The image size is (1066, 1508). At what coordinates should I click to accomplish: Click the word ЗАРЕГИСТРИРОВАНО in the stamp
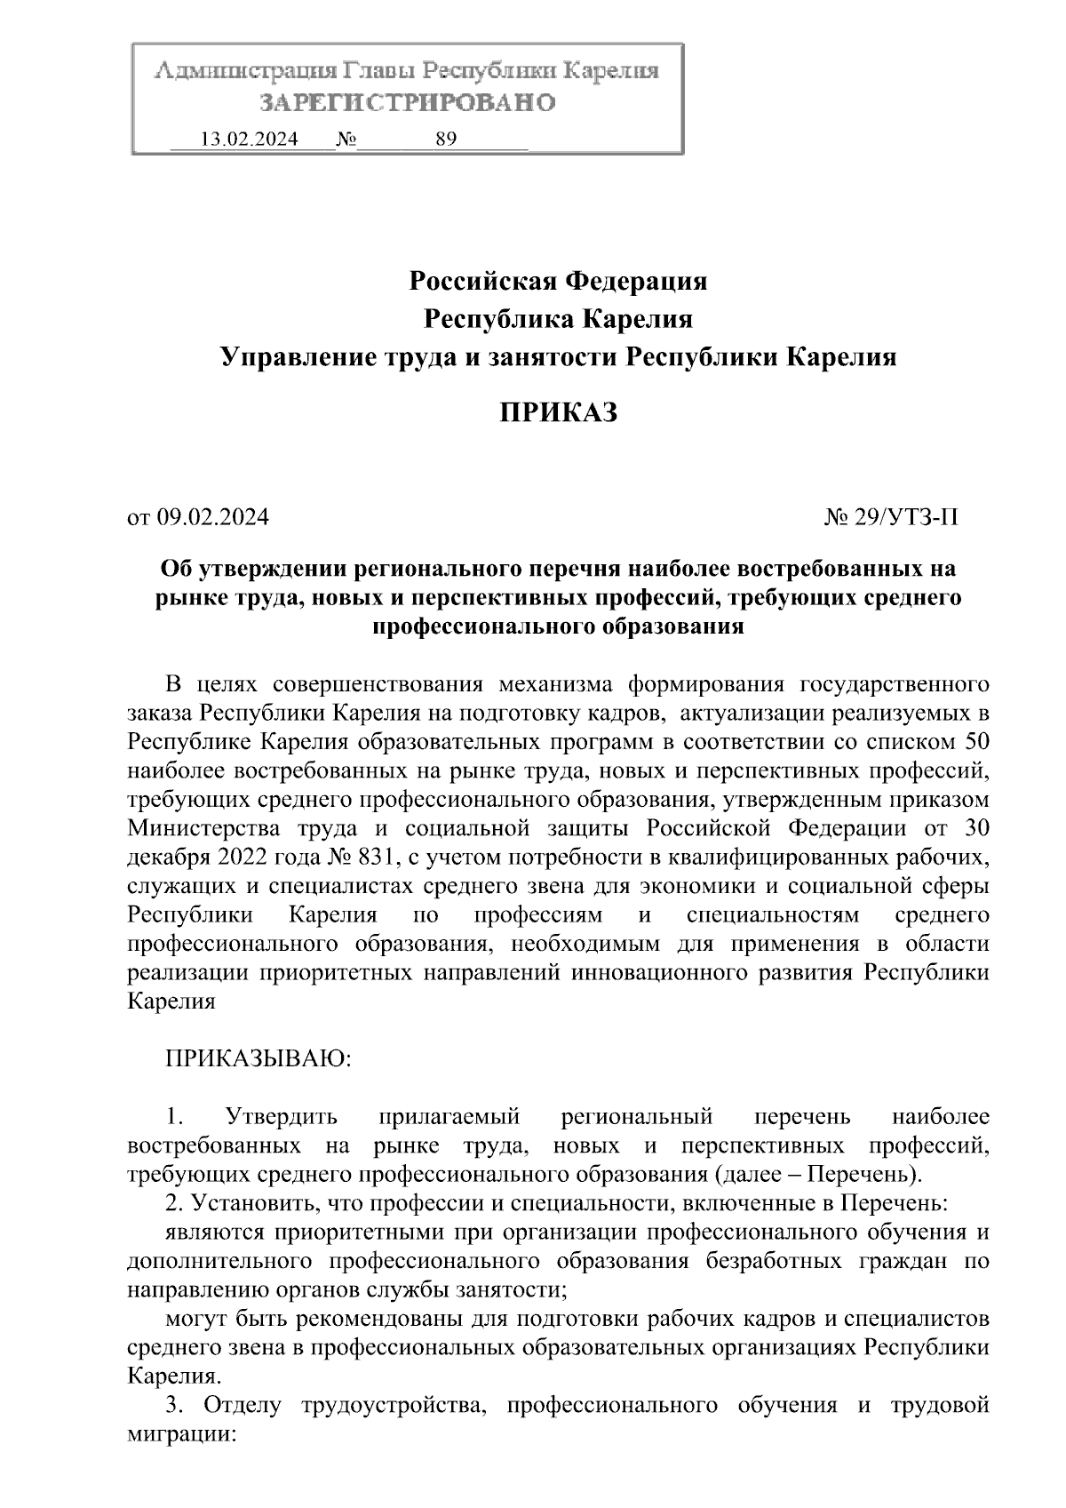click(407, 103)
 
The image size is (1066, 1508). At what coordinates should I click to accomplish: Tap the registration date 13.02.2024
click(250, 140)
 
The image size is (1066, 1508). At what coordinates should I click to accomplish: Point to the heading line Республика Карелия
click(558, 319)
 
